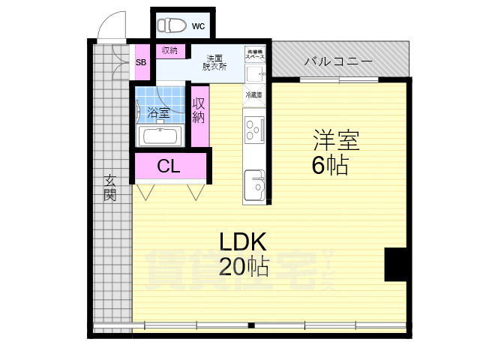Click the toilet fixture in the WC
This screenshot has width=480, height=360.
coord(172,25)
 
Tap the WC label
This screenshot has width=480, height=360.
coord(198,26)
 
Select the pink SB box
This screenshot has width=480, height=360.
coord(140,63)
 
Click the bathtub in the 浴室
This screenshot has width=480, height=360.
coord(160,136)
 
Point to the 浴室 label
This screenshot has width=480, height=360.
coord(157,112)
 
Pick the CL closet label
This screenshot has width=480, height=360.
coord(169,166)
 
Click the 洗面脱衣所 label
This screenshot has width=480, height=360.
coord(215,62)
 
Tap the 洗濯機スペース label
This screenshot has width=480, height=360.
coord(256,54)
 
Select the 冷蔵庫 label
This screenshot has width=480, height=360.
coord(253,95)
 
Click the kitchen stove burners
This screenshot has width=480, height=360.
coord(254,129)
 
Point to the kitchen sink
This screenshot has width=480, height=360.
coord(254,183)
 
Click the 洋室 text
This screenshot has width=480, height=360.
coord(336,140)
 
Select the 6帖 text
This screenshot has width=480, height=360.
coord(330,165)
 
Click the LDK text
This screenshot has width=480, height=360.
coord(244,241)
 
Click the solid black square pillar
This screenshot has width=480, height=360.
coord(395,264)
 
